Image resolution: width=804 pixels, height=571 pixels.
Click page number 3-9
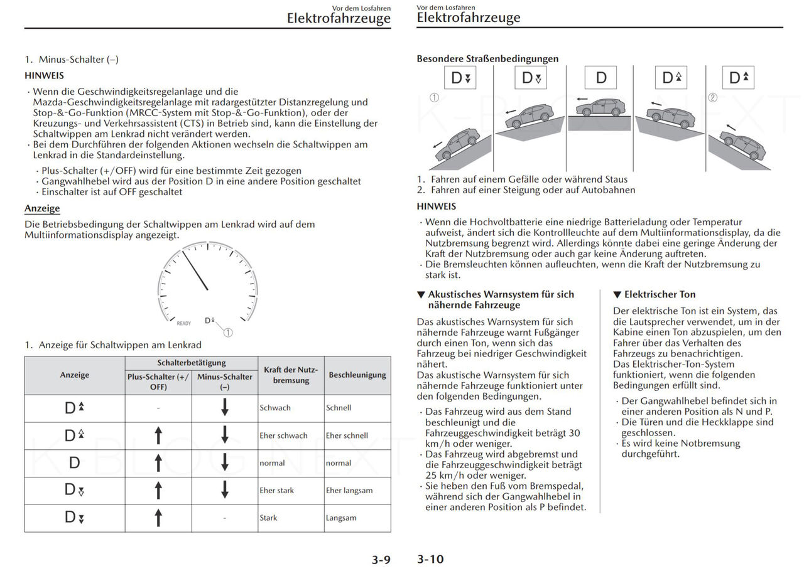(381, 560)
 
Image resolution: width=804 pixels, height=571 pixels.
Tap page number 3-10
(430, 559)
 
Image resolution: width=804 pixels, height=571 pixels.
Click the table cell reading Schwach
(275, 408)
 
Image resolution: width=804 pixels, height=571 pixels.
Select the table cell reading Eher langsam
(349, 491)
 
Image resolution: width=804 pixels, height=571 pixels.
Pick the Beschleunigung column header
(357, 375)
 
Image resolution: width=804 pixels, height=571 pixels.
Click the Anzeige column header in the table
(75, 375)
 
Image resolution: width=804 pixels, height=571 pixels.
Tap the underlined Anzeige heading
(42, 208)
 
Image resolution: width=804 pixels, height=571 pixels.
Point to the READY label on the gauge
(183, 323)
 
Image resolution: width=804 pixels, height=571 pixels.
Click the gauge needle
(195, 270)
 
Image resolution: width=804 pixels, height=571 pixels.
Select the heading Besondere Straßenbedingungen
(487, 58)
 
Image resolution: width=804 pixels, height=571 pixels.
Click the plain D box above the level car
(601, 78)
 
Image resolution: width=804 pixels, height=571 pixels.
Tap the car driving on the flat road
(600, 107)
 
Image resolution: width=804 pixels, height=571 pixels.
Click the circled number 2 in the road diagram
(712, 97)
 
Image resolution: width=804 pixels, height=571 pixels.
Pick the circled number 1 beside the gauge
(227, 333)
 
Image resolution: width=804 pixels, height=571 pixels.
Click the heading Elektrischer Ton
(655, 294)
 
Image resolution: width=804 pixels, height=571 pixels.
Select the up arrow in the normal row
(158, 463)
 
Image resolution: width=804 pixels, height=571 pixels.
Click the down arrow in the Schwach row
(225, 408)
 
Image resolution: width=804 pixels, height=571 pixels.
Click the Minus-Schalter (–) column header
(225, 382)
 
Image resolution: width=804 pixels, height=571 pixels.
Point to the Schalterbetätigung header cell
(192, 363)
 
